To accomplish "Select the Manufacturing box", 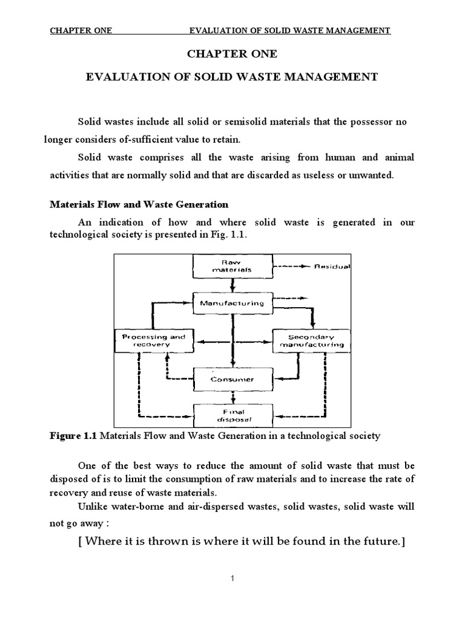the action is point(232,303).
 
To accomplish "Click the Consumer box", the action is point(232,380).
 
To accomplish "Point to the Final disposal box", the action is point(232,414).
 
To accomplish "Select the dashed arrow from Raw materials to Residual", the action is point(292,266).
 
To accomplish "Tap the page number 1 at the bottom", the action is point(232,578).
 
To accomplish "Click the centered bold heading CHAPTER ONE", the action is point(232,54).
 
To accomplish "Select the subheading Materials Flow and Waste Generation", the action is point(139,204).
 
